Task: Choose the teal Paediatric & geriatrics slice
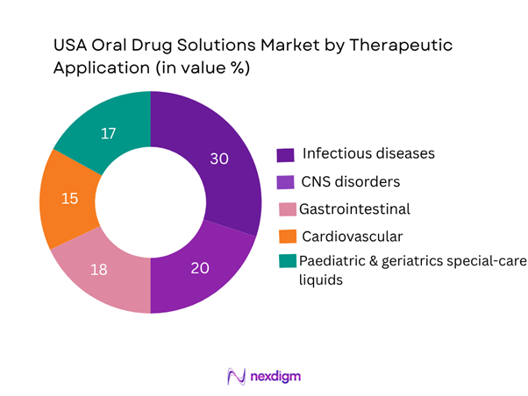coord(105,131)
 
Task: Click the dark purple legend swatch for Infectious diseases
coord(285,155)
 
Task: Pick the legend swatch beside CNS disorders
coord(285,182)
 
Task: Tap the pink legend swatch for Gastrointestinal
coord(285,209)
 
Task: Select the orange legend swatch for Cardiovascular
coord(285,237)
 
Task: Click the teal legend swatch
coord(285,263)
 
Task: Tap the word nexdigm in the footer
coord(275,376)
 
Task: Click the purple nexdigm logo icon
coord(235,376)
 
